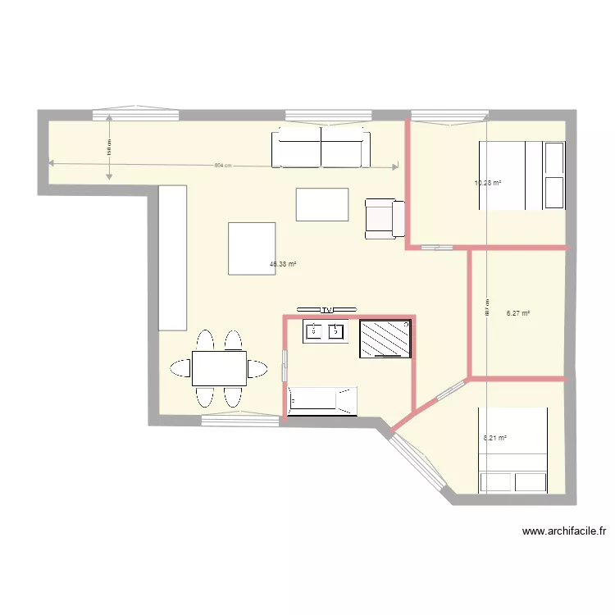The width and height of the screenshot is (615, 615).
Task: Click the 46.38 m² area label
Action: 282,265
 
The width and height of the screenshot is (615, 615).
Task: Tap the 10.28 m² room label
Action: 488,183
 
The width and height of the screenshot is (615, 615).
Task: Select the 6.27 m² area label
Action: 518,313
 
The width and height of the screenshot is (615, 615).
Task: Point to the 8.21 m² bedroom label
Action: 495,438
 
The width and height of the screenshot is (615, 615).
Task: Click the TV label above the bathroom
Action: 326,309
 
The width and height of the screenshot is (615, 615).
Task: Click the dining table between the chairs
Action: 219,368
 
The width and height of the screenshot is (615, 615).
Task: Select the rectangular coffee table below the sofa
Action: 322,204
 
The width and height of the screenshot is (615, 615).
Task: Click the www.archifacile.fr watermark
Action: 564,531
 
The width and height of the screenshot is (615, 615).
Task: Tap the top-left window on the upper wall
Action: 136,112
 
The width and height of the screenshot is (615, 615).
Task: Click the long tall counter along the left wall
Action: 172,257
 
